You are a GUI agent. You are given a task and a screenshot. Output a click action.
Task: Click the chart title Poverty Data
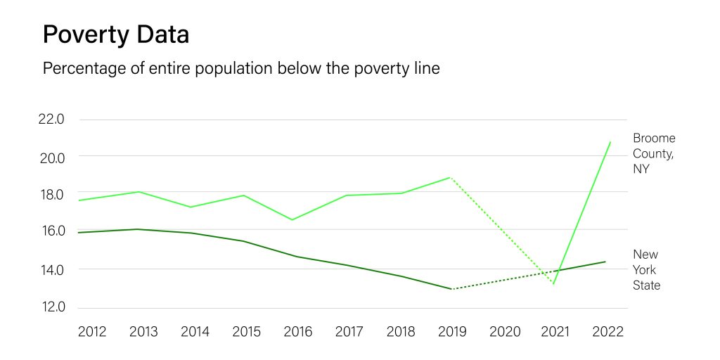coord(115,34)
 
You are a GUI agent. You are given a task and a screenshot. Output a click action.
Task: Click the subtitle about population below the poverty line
coord(241,69)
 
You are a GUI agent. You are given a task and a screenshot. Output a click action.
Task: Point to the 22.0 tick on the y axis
coord(51,120)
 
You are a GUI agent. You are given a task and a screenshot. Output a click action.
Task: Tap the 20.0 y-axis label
coord(51,157)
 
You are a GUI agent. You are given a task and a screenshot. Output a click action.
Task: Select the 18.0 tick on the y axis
coord(51,194)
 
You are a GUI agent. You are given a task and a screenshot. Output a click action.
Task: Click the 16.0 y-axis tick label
coord(51,231)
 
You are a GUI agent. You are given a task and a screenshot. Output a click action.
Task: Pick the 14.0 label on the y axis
coord(51,269)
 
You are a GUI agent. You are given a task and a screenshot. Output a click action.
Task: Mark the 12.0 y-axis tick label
coord(51,307)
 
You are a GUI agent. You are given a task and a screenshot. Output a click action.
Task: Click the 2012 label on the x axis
coord(92,332)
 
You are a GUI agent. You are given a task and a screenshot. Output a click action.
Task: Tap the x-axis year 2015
coord(246,332)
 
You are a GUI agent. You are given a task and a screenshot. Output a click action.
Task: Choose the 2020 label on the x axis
coord(504,332)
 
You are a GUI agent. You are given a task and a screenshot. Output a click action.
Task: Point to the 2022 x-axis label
coord(607,332)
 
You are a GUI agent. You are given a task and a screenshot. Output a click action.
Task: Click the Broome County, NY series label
coord(653,153)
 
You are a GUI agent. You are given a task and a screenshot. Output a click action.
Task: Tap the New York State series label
coord(647,270)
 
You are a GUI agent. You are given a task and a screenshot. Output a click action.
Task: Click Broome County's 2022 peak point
coord(610,142)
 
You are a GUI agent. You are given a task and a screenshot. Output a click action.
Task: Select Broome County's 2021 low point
coord(554,284)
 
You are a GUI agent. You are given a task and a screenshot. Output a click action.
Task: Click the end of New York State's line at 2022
coord(605,262)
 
